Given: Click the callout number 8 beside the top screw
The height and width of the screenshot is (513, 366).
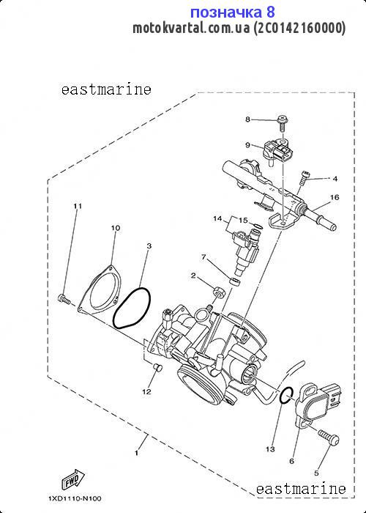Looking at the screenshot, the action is [x=247, y=119].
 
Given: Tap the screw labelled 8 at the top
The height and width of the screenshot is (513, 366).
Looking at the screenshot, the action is [x=281, y=124].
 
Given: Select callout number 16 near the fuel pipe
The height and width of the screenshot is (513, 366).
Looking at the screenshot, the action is [x=335, y=197].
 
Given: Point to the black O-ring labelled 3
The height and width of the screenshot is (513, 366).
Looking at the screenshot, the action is [x=132, y=308].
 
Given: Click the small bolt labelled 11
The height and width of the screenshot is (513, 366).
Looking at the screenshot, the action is [x=64, y=299].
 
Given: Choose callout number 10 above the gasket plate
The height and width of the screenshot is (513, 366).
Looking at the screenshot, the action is [x=116, y=228].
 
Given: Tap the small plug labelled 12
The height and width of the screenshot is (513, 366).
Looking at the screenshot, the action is [x=158, y=368].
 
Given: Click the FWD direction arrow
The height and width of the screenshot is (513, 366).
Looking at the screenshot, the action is [x=73, y=479].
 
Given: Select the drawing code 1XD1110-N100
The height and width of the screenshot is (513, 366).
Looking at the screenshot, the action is [x=75, y=498].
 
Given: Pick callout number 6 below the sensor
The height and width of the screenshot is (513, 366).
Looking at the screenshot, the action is [x=292, y=461].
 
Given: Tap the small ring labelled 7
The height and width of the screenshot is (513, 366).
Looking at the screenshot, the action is [x=235, y=281].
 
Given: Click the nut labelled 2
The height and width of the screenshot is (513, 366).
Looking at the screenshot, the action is [x=218, y=291].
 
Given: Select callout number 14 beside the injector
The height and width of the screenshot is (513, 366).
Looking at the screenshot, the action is [x=217, y=218].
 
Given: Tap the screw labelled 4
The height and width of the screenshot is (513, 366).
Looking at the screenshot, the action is [x=302, y=178].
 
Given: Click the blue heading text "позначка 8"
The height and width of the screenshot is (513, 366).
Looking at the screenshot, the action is [x=232, y=12].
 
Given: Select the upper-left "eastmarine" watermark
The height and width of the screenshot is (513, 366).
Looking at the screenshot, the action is [x=106, y=89].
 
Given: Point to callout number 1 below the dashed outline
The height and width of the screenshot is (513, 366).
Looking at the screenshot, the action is [x=136, y=453].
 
